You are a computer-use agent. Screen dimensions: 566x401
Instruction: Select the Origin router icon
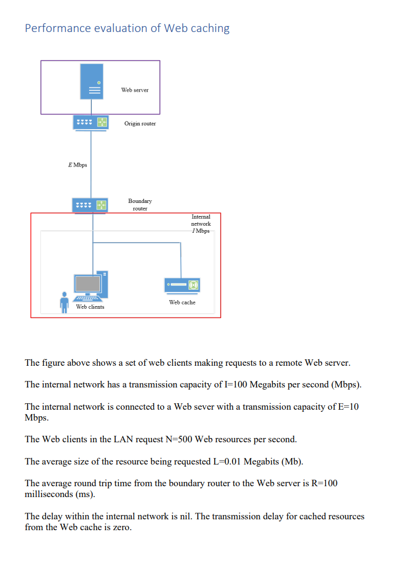[x=90, y=122]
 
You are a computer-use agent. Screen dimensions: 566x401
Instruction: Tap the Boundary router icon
[x=90, y=205]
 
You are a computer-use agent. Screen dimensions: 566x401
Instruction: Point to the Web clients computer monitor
[x=88, y=284]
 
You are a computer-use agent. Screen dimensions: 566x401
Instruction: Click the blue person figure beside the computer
[x=65, y=302]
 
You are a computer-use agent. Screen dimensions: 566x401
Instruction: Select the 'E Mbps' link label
[x=77, y=164]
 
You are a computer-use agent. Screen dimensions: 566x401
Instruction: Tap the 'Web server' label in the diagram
[x=135, y=90]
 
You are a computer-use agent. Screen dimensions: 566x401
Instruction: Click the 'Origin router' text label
[x=140, y=124]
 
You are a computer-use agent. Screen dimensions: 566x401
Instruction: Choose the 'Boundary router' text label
[x=140, y=205]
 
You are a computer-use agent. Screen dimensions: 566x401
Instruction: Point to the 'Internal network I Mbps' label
[x=200, y=224]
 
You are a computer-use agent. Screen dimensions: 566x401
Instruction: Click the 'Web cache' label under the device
[x=182, y=302]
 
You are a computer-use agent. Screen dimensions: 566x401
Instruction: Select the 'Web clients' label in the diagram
[x=90, y=307]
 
